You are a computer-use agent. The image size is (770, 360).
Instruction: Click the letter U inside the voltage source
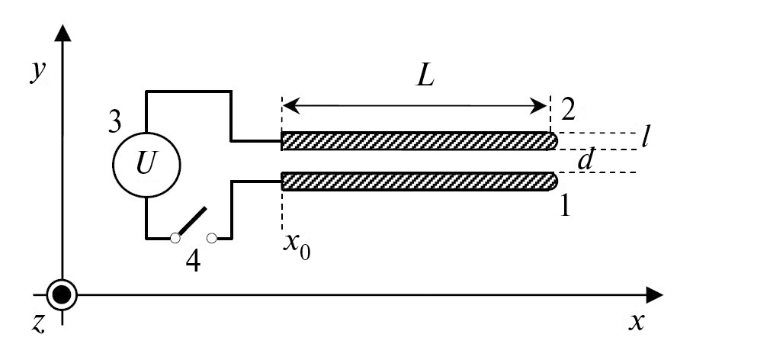pos(146,162)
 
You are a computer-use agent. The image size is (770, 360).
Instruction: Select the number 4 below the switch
pos(194,262)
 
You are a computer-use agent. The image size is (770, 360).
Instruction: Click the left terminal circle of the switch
pos(175,239)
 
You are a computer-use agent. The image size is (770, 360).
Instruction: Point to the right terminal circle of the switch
pos(213,239)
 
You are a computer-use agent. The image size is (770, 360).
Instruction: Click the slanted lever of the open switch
pos(192,222)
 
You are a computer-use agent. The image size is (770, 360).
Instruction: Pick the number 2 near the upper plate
pos(567,110)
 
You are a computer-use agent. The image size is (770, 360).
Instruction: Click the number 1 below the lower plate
pos(565,206)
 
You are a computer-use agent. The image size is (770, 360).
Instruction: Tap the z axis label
pos(38,323)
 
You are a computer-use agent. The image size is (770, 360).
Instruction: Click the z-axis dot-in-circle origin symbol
pos(62,294)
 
